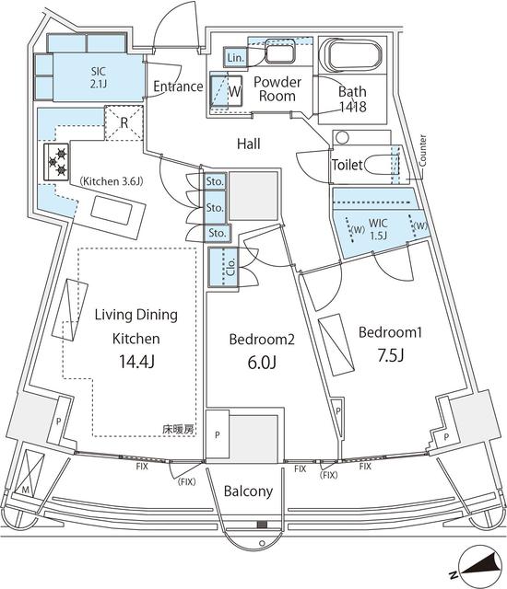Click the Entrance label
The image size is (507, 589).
pos(178,87)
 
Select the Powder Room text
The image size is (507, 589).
pos(276,88)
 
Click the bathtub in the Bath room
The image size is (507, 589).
pos(351,54)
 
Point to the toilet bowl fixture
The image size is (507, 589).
pos(374,166)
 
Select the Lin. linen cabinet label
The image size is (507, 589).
pos(234,57)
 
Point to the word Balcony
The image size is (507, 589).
pos(249,491)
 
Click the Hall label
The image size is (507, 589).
pos(248,144)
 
